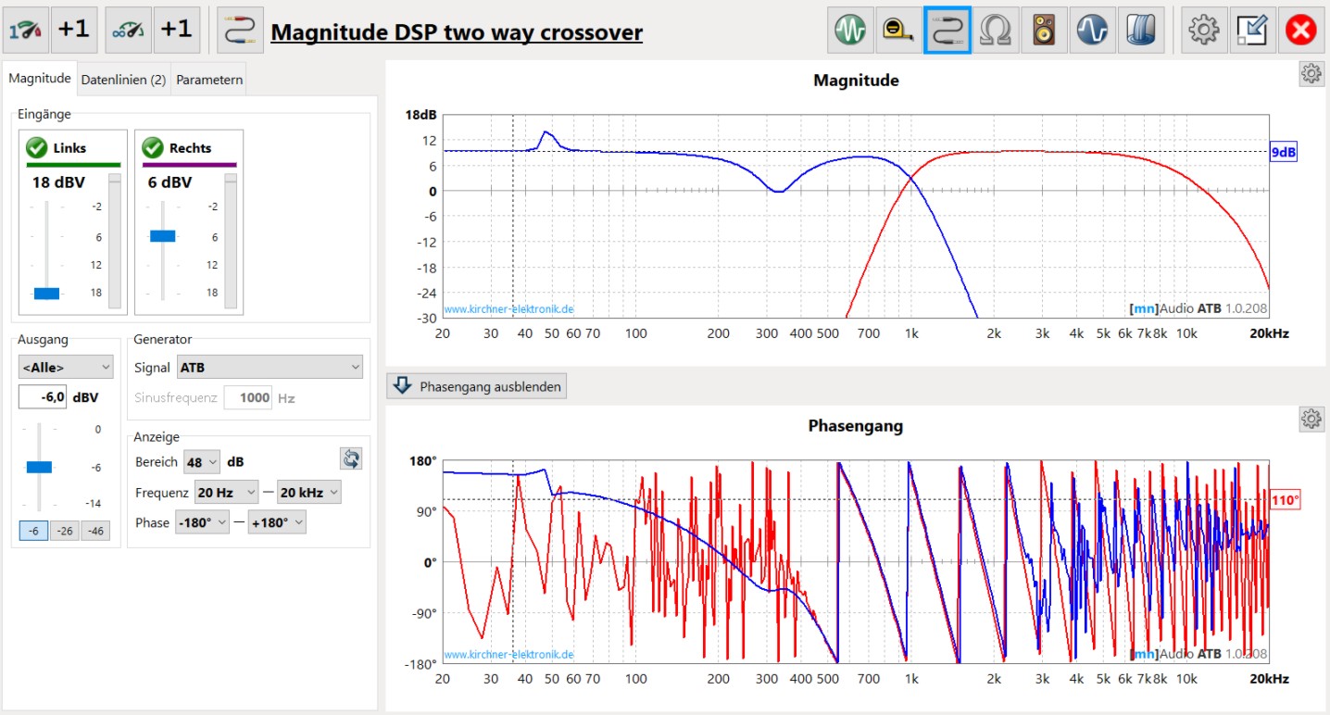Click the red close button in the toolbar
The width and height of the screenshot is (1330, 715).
[x=1301, y=31]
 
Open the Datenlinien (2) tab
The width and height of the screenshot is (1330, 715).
[x=123, y=80]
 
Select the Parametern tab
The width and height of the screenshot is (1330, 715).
[x=209, y=80]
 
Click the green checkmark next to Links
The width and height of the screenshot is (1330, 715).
[x=37, y=147]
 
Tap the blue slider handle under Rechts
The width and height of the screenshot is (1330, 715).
[x=162, y=236]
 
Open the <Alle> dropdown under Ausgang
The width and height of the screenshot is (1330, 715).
[x=66, y=367]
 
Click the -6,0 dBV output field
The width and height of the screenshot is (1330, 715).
[x=43, y=397]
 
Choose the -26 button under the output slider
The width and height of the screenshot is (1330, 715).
[x=64, y=531]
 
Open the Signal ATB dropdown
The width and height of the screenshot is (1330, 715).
[x=270, y=368]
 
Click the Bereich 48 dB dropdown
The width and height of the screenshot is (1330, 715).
[x=202, y=461]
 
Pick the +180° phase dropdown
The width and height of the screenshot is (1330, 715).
[x=276, y=522]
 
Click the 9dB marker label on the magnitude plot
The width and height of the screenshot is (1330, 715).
[x=1283, y=153]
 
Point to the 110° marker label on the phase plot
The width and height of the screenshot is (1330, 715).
[x=1285, y=500]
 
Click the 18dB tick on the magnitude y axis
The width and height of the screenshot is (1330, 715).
[x=420, y=116]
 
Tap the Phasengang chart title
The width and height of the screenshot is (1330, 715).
[x=855, y=426]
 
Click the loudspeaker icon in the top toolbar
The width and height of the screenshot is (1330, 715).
[x=1044, y=31]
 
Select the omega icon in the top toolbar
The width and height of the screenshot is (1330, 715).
[x=995, y=31]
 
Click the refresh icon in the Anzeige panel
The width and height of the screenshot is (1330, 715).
[x=351, y=458]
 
